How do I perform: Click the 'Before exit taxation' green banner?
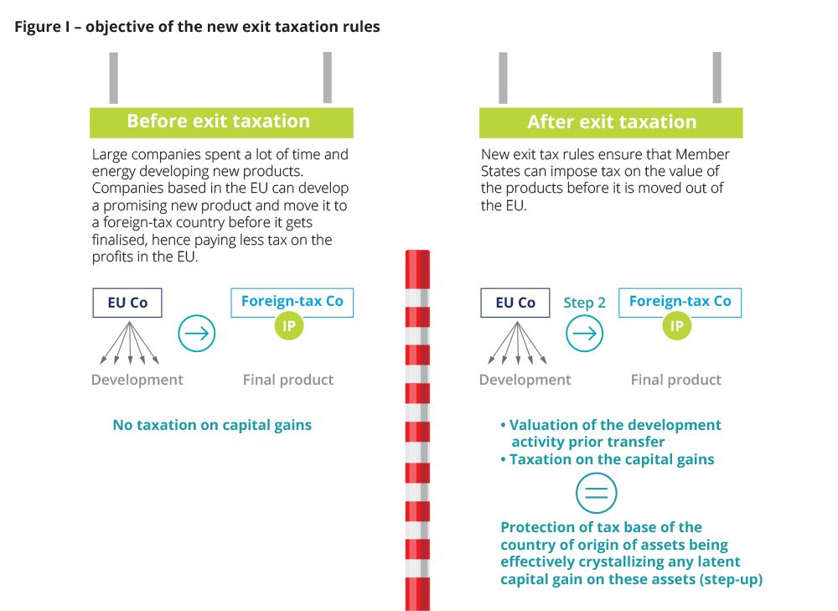[x=221, y=122]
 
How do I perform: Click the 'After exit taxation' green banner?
[x=611, y=122]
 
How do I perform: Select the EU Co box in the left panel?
[x=127, y=303]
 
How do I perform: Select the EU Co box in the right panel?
[x=515, y=303]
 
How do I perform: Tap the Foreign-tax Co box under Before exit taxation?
[x=292, y=302]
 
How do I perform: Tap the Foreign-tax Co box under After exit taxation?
[x=680, y=302]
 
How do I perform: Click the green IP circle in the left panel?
[x=288, y=325]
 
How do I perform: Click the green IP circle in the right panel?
[x=676, y=325]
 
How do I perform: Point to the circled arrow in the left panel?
[x=197, y=333]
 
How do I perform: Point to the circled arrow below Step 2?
[x=585, y=333]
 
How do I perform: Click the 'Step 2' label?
[x=584, y=303]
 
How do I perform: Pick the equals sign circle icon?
[x=597, y=493]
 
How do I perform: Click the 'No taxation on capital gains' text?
[x=212, y=425]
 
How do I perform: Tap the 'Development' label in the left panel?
[x=137, y=380]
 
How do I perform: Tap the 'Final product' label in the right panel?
[x=676, y=380]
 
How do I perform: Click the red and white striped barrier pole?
[x=417, y=430]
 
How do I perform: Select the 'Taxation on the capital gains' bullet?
[x=607, y=459]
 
